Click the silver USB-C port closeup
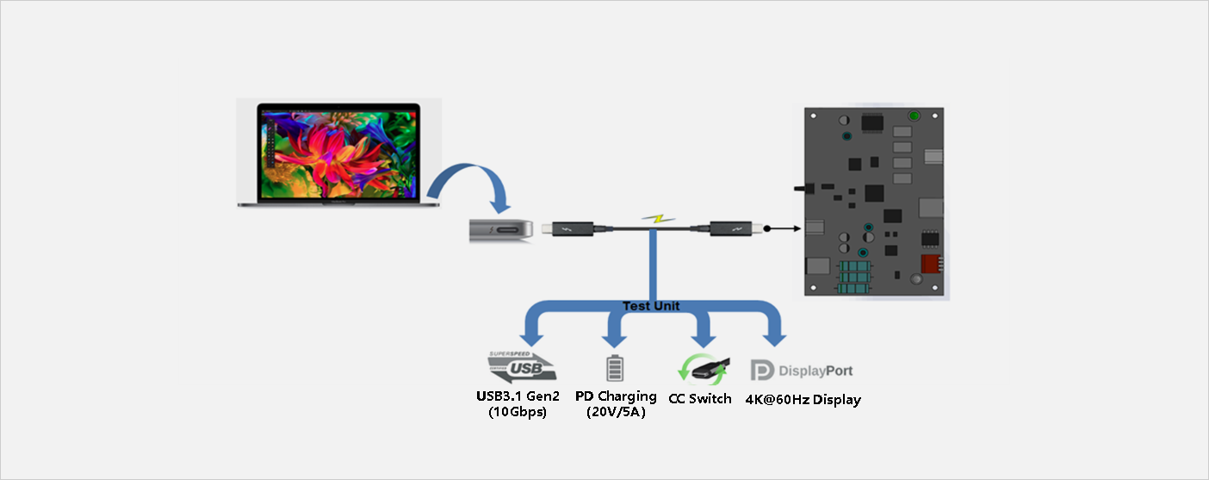pyautogui.click(x=501, y=231)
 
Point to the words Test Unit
pyautogui.click(x=651, y=306)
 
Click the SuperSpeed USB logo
pyautogui.click(x=520, y=366)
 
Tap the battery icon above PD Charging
pyautogui.click(x=614, y=367)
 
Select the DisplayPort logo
pyautogui.click(x=802, y=371)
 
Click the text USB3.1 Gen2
pyautogui.click(x=518, y=396)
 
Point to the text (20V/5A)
pyautogui.click(x=616, y=412)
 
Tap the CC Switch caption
pyautogui.click(x=699, y=398)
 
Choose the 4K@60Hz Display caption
pyautogui.click(x=803, y=400)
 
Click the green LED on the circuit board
pyautogui.click(x=914, y=116)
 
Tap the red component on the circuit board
pyautogui.click(x=928, y=264)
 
